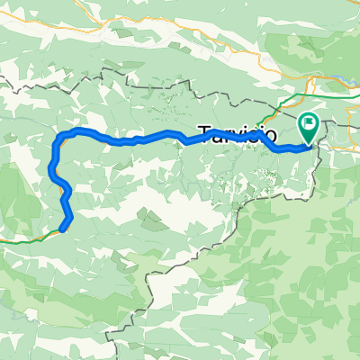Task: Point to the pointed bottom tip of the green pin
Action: pyautogui.click(x=308, y=144)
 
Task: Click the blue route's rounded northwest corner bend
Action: pyautogui.click(x=63, y=135)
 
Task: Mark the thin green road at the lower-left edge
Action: pyautogui.click(x=18, y=239)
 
